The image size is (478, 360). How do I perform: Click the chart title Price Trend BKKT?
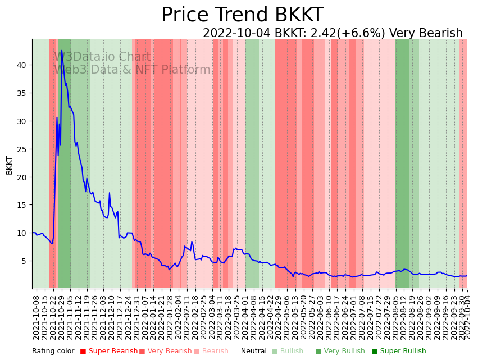242,15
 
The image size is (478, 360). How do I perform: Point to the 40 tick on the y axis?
21,65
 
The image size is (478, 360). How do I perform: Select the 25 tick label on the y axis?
21,149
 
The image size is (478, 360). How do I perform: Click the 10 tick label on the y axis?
21,233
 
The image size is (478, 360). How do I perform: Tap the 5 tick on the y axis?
24,261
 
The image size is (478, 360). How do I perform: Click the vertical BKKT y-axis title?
10,165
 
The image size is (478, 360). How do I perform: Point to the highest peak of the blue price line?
62,51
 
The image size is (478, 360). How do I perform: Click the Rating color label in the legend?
53,352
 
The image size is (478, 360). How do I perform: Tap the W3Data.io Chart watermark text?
102,57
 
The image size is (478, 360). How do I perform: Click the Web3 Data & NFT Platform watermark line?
132,70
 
